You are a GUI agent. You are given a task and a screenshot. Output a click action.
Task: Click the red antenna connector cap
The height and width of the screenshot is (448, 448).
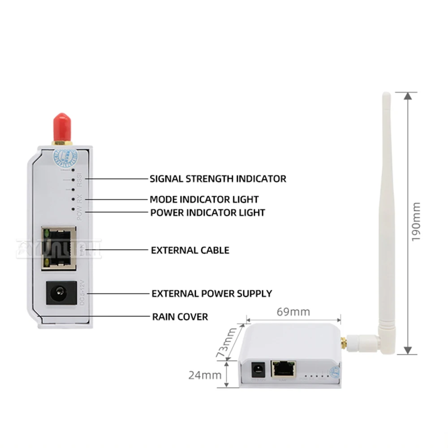(x=62, y=127)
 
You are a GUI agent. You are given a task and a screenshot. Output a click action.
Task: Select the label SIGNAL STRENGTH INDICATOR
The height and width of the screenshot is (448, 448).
(x=218, y=178)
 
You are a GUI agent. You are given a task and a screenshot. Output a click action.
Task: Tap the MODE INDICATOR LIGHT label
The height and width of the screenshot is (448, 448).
(x=204, y=199)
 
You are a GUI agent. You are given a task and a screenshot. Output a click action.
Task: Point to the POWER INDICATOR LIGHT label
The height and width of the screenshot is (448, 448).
(x=207, y=212)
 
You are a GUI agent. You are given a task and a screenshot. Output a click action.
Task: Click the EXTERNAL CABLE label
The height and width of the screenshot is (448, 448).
(x=190, y=250)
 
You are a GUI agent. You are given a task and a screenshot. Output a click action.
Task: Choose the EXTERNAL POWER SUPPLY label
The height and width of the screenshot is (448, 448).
(x=211, y=293)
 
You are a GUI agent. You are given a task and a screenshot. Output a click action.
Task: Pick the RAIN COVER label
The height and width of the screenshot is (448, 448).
(x=180, y=317)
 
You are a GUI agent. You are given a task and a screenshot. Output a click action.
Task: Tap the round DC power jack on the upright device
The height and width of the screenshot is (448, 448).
(x=59, y=293)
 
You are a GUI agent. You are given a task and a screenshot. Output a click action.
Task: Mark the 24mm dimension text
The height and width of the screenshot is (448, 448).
(x=205, y=375)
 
